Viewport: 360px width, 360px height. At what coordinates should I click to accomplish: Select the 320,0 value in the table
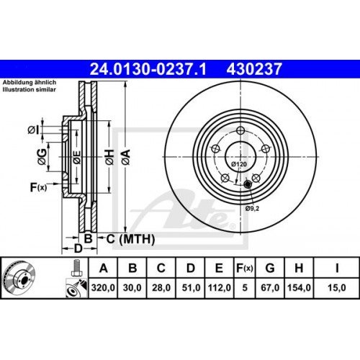[x=104, y=288]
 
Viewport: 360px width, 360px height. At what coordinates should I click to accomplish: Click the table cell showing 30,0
[x=132, y=288]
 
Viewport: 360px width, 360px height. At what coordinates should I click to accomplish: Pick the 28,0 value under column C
[x=161, y=288]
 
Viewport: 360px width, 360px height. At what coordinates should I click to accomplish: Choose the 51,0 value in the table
[x=190, y=288]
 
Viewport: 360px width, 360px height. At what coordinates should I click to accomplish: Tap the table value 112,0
[x=219, y=288]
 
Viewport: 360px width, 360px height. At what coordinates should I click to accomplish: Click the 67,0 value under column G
[x=270, y=288]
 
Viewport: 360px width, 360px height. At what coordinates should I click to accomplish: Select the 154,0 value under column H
[x=299, y=288]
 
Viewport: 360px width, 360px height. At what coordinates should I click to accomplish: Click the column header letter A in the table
[x=104, y=269]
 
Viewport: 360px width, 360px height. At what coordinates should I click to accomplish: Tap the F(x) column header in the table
[x=245, y=269]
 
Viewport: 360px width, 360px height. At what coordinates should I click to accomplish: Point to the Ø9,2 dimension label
[x=252, y=208]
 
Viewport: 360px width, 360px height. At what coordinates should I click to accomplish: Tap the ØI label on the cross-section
[x=32, y=130]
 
